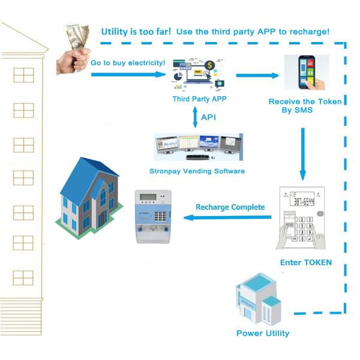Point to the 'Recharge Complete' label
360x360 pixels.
pos(230,207)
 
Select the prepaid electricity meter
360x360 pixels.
pos(152,217)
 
